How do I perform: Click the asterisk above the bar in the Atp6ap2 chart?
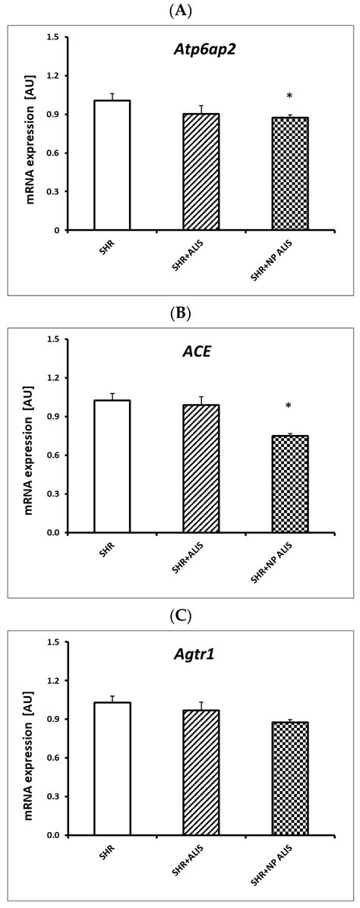pos(289,96)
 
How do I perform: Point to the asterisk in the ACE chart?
pos(289,407)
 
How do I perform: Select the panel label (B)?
pos(180,311)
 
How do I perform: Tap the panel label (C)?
pos(180,613)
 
